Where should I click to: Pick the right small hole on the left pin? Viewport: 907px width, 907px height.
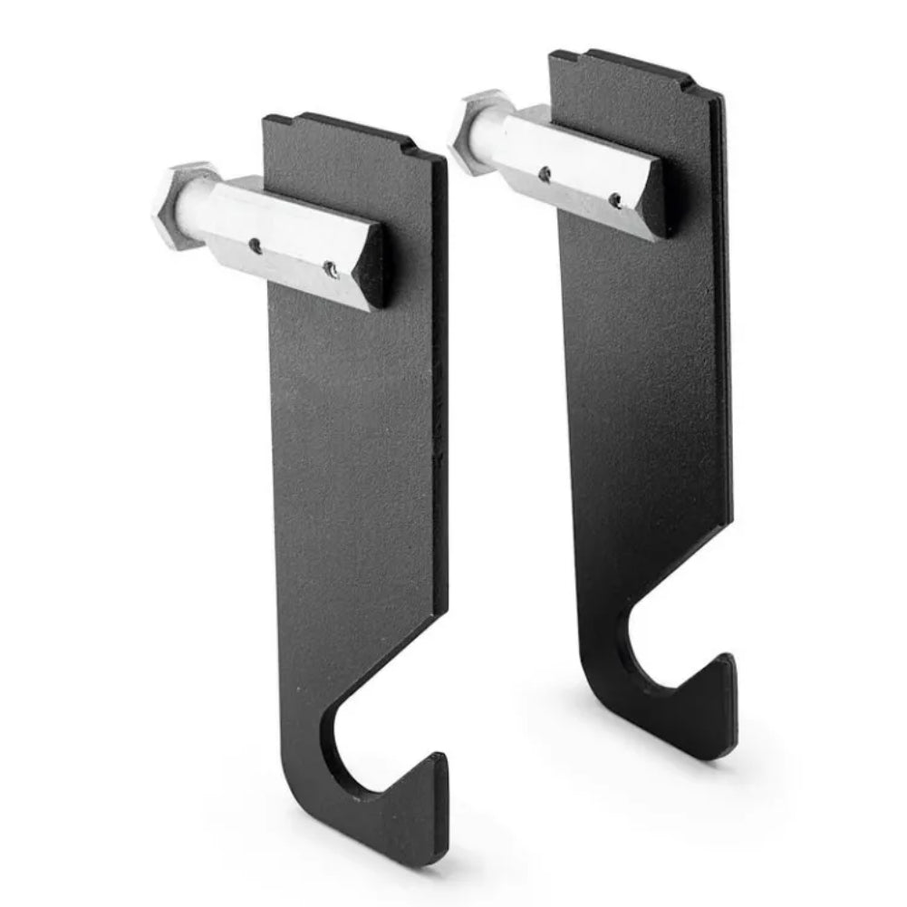[333, 267]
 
